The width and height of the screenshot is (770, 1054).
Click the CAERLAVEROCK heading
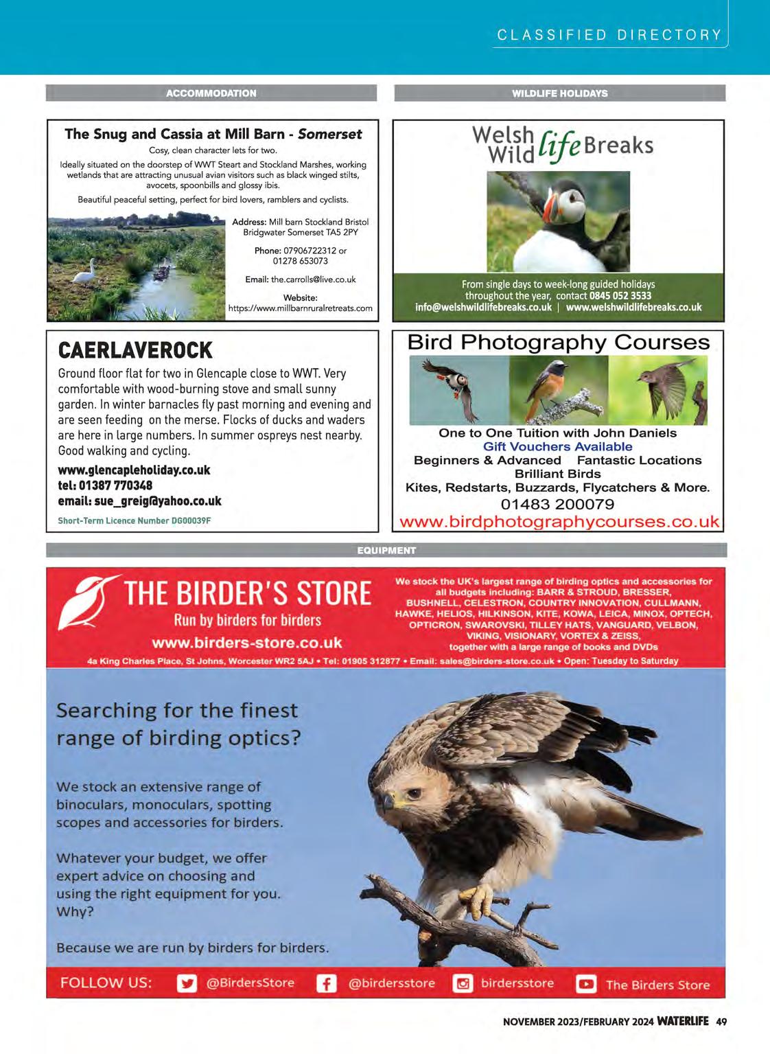click(x=135, y=351)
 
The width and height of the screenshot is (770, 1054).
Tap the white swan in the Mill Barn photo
click(x=84, y=274)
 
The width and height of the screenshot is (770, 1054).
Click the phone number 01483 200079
click(x=557, y=504)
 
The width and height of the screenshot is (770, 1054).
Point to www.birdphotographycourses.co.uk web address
click(x=559, y=522)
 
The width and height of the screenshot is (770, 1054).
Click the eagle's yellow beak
click(x=389, y=801)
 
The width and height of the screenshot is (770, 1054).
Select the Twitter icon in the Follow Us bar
click(x=186, y=983)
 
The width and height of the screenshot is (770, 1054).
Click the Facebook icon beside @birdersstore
click(x=326, y=983)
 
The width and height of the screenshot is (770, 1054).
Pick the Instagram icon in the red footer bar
click(x=463, y=983)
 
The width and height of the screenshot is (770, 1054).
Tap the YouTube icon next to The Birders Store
click(x=586, y=984)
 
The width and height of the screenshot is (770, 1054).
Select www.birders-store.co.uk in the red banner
click(x=247, y=643)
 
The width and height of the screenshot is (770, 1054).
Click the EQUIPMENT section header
click(x=386, y=550)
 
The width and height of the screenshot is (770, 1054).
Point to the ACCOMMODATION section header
click(x=211, y=93)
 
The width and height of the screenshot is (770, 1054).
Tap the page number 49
click(x=721, y=1021)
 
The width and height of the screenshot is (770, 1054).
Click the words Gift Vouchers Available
click(x=557, y=446)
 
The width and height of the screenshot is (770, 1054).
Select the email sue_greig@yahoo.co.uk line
click(x=139, y=501)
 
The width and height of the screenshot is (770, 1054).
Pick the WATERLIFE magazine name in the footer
click(x=682, y=1021)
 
